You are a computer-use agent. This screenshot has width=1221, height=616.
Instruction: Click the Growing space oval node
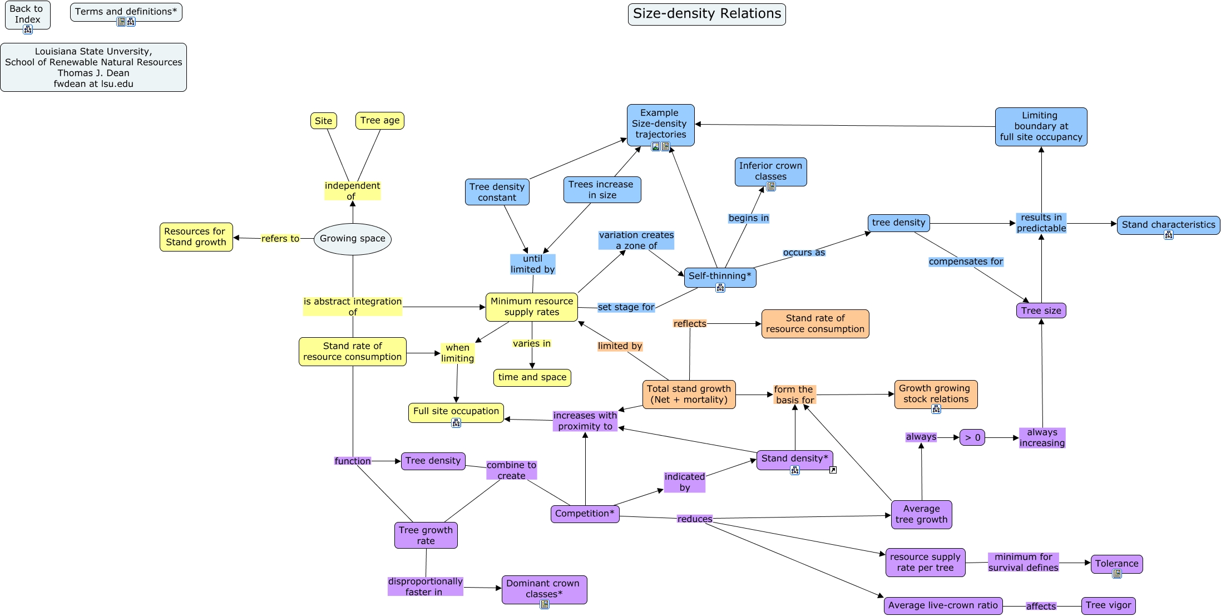(x=352, y=239)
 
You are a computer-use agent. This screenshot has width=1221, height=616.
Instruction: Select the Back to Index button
(x=27, y=14)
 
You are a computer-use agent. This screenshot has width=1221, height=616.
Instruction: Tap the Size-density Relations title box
(x=706, y=14)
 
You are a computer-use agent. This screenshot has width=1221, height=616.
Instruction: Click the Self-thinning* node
(x=719, y=276)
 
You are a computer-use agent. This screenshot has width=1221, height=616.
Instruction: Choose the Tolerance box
(x=1116, y=563)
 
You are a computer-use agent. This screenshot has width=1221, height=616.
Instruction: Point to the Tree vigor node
(x=1108, y=605)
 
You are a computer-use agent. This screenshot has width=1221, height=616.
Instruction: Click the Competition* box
(x=585, y=514)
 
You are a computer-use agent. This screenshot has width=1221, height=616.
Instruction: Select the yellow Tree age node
(x=379, y=120)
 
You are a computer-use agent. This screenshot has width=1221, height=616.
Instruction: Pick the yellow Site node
(x=323, y=121)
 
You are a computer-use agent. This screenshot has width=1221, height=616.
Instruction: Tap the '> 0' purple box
(x=972, y=437)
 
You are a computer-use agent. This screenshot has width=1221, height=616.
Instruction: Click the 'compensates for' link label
(x=966, y=262)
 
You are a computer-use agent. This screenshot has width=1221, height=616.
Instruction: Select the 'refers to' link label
(x=280, y=239)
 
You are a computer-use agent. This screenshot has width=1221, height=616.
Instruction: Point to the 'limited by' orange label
(x=620, y=346)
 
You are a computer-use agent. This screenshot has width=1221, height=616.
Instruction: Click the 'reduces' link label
(x=694, y=519)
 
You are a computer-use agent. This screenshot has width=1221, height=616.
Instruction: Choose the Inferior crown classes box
(x=770, y=171)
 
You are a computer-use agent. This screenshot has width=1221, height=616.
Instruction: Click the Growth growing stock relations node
(x=935, y=393)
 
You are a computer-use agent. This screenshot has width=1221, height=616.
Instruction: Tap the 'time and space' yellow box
(x=532, y=377)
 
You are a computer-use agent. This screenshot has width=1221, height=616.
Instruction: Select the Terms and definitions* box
(x=126, y=12)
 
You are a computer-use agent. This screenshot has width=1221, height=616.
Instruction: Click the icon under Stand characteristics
(x=1168, y=235)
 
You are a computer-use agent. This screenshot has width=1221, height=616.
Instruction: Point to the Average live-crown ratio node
(x=942, y=605)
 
